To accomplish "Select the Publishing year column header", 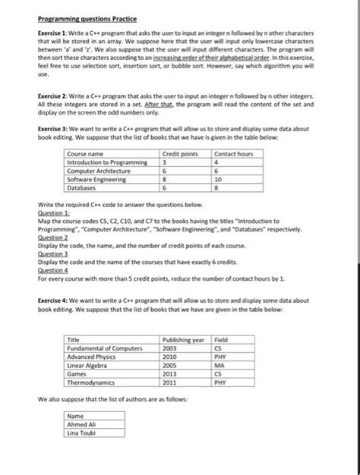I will coord(183,340).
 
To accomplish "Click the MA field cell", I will coord(220,365).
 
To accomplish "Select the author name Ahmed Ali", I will coord(82,424).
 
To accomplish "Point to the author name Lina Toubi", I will coord(81,433).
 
